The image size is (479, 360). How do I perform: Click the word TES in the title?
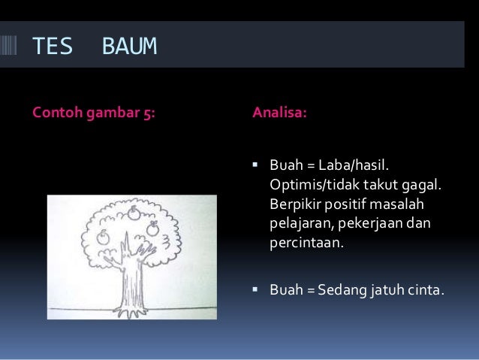(x=52, y=47)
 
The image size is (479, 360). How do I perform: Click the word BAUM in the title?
(x=129, y=47)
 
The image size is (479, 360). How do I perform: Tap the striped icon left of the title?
(x=12, y=47)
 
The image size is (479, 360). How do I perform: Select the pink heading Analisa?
(x=279, y=115)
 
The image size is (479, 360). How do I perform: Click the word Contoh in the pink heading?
(x=53, y=115)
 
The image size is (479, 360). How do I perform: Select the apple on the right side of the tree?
(x=152, y=228)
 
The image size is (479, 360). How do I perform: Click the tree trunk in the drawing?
(x=134, y=278)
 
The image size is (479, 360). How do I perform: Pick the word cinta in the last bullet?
(x=426, y=288)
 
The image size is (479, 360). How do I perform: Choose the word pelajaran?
(x=299, y=224)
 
